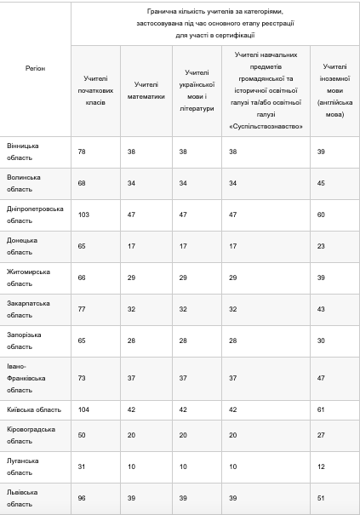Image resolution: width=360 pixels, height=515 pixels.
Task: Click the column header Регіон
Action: tap(35, 66)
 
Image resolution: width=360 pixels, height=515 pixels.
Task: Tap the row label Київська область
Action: tap(34, 409)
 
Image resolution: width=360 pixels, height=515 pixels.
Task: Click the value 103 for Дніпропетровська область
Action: tap(83, 214)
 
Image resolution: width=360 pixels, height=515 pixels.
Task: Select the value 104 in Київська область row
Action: tap(83, 409)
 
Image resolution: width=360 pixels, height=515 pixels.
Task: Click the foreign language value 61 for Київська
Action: tap(320, 409)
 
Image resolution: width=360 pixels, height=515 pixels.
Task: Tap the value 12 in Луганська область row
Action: tap(320, 466)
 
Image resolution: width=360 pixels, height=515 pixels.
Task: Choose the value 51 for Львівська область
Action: tap(320, 497)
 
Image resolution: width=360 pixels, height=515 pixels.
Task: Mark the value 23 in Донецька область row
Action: tap(320, 246)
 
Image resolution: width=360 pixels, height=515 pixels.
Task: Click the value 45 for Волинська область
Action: tap(320, 182)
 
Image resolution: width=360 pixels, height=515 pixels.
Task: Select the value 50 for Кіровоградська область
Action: tap(81, 434)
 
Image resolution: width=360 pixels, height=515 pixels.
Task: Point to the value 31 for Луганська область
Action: tap(81, 466)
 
